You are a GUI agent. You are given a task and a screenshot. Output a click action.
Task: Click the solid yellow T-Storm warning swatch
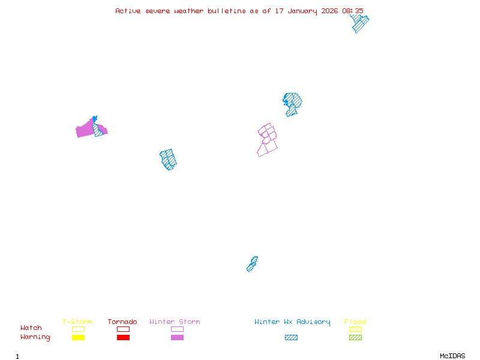(x=79, y=337)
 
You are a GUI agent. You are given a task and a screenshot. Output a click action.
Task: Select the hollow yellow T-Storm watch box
(x=79, y=329)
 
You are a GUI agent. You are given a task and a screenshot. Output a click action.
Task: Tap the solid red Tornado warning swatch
(x=124, y=337)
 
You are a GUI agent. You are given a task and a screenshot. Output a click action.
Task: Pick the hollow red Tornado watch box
(x=124, y=329)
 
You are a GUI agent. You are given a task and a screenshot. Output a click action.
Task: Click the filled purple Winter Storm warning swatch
(x=177, y=337)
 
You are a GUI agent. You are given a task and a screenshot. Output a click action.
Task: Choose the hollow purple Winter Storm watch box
(x=177, y=329)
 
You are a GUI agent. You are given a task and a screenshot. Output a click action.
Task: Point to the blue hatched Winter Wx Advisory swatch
(x=291, y=337)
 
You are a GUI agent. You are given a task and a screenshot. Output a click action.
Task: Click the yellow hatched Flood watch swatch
(x=355, y=329)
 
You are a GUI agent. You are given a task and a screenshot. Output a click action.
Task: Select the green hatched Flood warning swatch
(x=355, y=337)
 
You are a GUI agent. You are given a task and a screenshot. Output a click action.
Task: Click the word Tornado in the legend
(x=122, y=322)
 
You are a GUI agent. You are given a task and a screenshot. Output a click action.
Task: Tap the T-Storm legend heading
(x=77, y=322)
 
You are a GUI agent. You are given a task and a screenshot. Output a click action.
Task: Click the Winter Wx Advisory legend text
(x=292, y=322)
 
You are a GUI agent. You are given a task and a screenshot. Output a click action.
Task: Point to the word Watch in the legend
(x=31, y=328)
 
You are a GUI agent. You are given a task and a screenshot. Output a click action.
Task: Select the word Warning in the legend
(x=35, y=337)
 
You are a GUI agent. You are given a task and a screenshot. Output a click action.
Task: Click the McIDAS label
(x=452, y=356)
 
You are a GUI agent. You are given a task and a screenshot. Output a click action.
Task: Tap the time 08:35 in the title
(x=353, y=11)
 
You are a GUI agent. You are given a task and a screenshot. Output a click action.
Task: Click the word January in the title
(x=302, y=11)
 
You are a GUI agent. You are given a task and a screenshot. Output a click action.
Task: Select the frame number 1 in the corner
(x=17, y=356)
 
